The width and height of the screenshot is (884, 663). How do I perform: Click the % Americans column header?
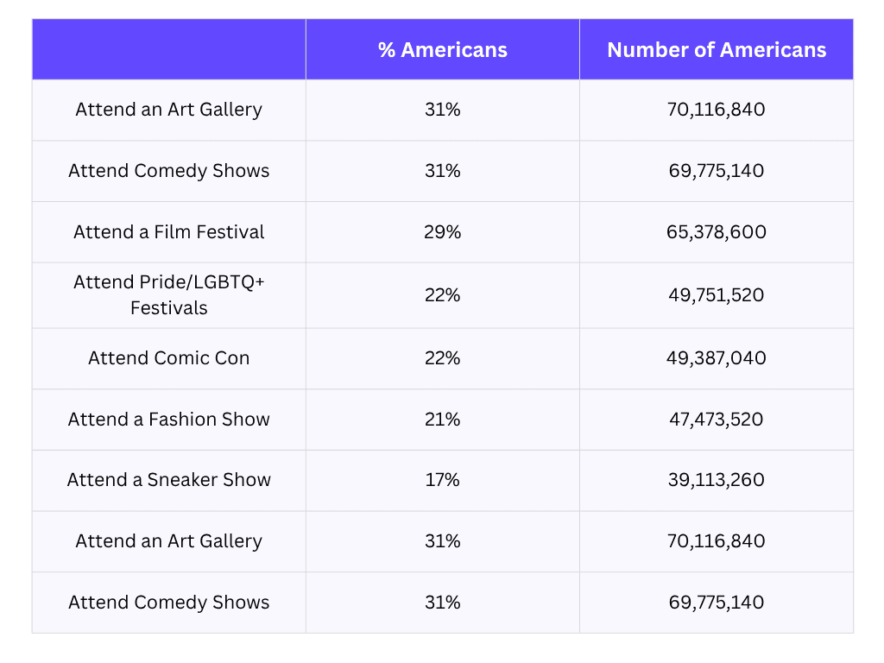point(442,50)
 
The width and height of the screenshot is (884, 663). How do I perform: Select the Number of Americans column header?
point(717,50)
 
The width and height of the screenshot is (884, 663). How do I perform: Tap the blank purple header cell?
point(169,50)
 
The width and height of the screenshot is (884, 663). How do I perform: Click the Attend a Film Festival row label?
point(169,232)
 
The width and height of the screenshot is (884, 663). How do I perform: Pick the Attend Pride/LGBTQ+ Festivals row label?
point(169,295)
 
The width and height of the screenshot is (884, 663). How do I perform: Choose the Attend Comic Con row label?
point(169,358)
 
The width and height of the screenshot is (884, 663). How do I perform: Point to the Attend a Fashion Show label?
point(169,420)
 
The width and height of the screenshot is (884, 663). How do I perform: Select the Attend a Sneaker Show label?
point(169,480)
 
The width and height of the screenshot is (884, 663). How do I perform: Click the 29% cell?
point(442,232)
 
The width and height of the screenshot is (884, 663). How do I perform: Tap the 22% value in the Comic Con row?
point(442,358)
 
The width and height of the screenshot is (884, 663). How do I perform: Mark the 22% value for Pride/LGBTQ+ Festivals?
point(442,295)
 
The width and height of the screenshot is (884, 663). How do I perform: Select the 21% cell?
point(442,420)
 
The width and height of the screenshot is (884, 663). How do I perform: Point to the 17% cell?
point(442,480)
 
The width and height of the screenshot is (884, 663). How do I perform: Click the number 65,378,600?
point(717,232)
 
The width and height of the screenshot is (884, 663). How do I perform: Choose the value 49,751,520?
point(717,295)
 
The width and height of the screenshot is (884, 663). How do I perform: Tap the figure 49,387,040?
point(717,358)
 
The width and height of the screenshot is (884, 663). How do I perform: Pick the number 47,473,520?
point(717,420)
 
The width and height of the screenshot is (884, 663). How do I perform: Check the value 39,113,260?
point(717,480)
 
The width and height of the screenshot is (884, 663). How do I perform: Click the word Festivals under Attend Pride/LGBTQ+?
point(169,308)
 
